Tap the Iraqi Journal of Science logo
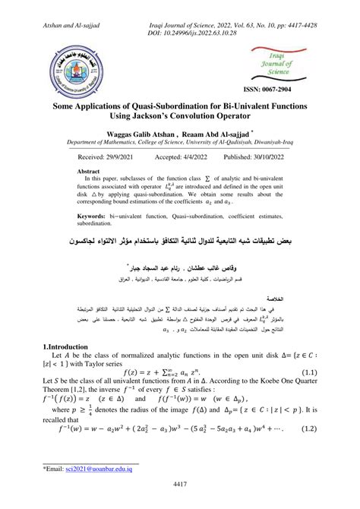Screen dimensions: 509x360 click(x=279, y=63)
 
